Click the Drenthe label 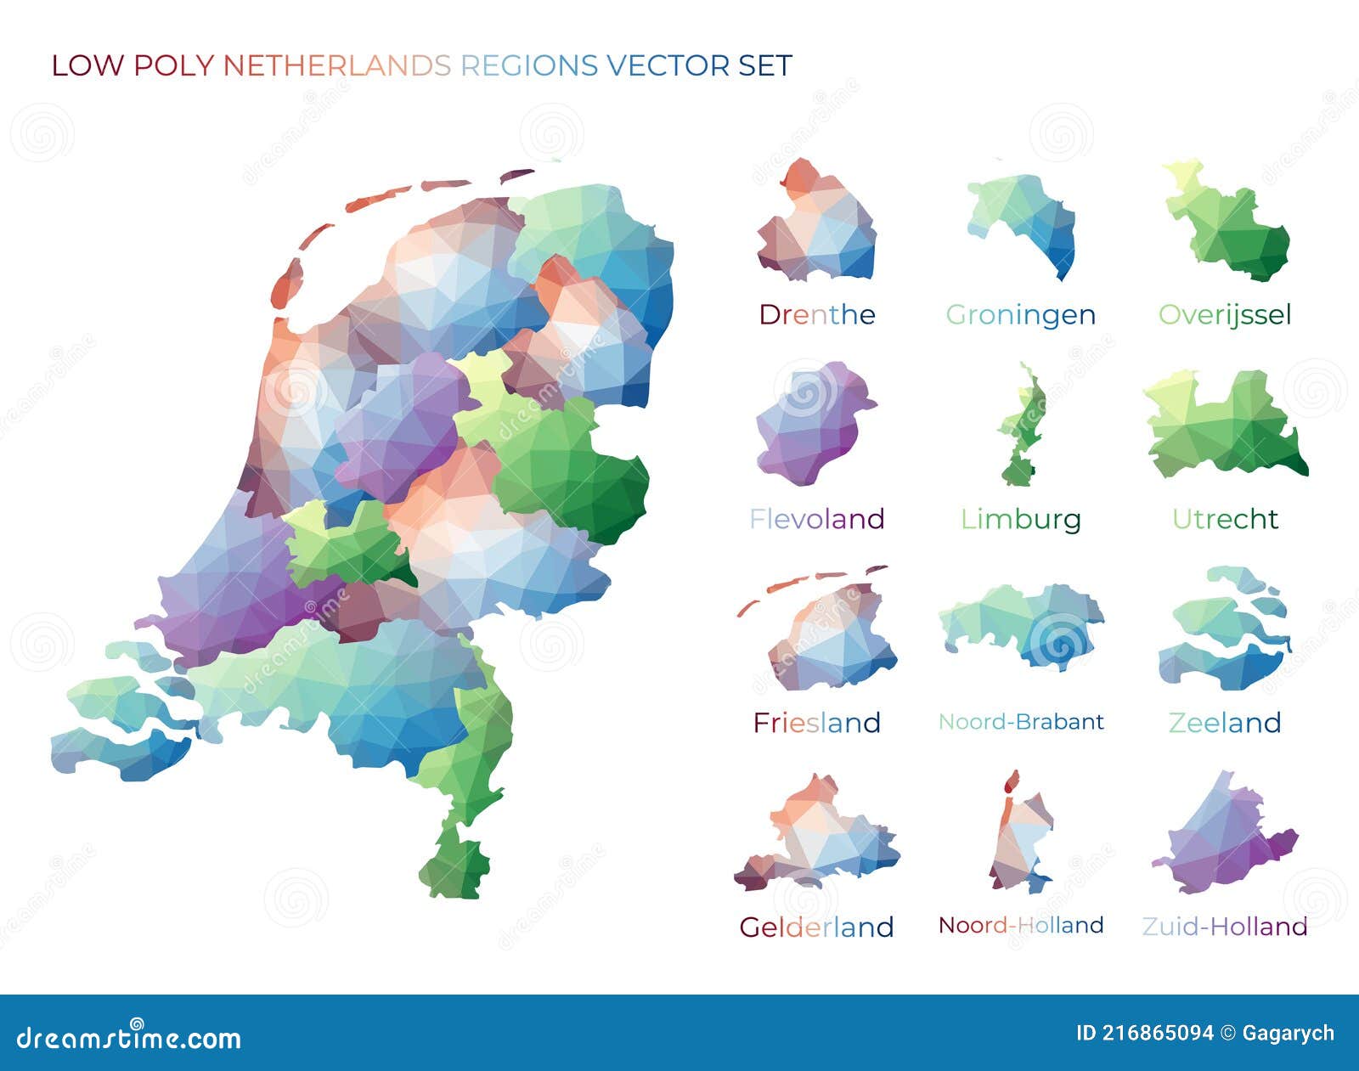click(816, 315)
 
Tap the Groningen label click(1020, 315)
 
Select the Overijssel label click(1224, 315)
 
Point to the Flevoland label click(816, 519)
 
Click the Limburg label click(1020, 519)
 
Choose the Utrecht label click(1224, 519)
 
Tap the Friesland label click(816, 723)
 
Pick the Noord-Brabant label click(1020, 722)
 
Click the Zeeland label click(1224, 723)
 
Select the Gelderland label click(816, 927)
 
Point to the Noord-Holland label click(1020, 925)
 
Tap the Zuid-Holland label click(1224, 927)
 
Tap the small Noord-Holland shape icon click(1019, 837)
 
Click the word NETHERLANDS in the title click(336, 65)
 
